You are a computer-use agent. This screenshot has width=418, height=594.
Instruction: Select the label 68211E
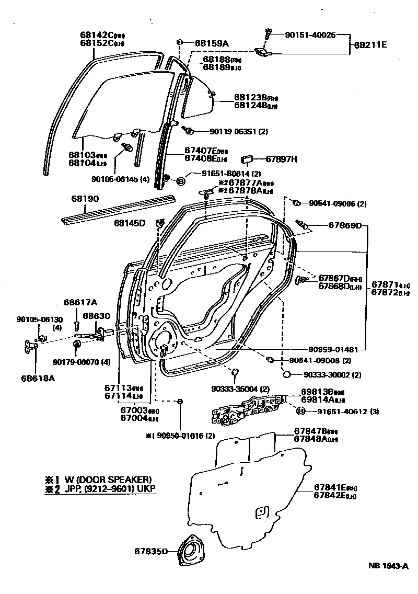[x=370, y=45]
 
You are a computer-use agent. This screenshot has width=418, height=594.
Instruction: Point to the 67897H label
[x=282, y=159]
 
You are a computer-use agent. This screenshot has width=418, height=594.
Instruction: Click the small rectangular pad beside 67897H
[x=247, y=159]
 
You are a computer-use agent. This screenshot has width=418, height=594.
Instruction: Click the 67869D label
[x=345, y=225]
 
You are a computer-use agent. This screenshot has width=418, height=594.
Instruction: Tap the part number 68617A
[x=80, y=302]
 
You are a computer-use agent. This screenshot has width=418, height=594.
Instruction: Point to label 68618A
[x=38, y=377]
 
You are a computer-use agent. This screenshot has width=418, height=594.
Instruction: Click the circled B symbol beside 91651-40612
[x=301, y=411]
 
